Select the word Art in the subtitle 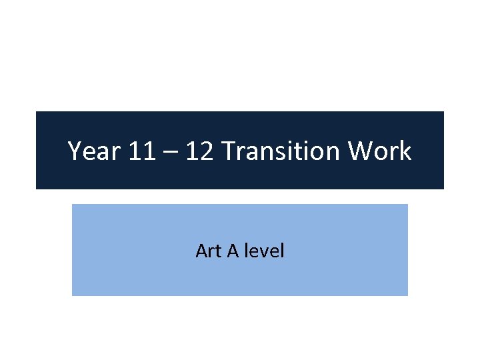pos(205,251)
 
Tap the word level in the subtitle pos(265,251)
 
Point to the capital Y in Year pos(75,152)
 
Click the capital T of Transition pos(228,152)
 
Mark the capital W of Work pos(364,152)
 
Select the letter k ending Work pos(405,152)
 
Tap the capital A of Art pos(201,251)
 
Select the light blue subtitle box pos(240,280)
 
